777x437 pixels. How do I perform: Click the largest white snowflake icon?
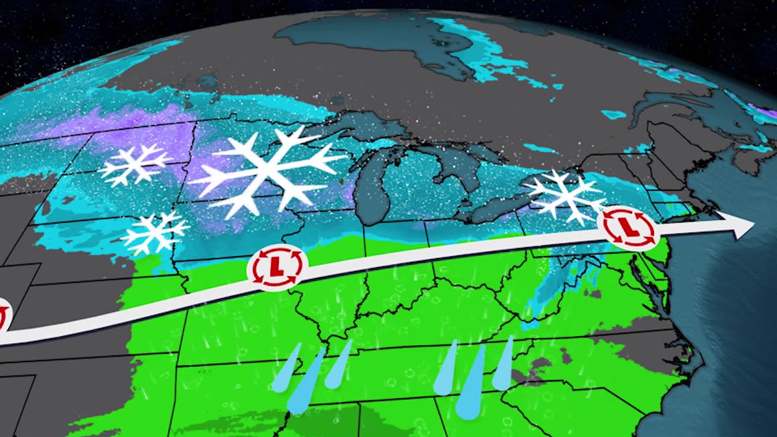coord(265,172)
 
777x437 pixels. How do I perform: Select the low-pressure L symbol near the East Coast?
coord(628,227)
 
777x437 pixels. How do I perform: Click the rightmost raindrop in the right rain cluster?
coord(504,366)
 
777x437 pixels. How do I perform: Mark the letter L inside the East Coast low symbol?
coord(628,227)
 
